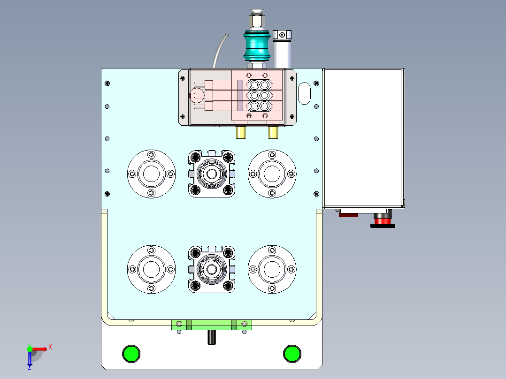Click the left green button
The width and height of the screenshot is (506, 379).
pyautogui.click(x=131, y=354)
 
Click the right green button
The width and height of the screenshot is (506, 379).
pyautogui.click(x=292, y=354)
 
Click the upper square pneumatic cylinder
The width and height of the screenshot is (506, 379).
pyautogui.click(x=212, y=174)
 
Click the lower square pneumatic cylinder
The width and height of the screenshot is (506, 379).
pyautogui.click(x=212, y=269)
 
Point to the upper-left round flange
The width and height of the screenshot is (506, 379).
pyautogui.click(x=151, y=174)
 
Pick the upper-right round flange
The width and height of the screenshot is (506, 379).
pyautogui.click(x=272, y=174)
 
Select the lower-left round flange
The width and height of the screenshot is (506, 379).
pyautogui.click(x=151, y=269)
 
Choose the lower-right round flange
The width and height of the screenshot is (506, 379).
pyautogui.click(x=272, y=269)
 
